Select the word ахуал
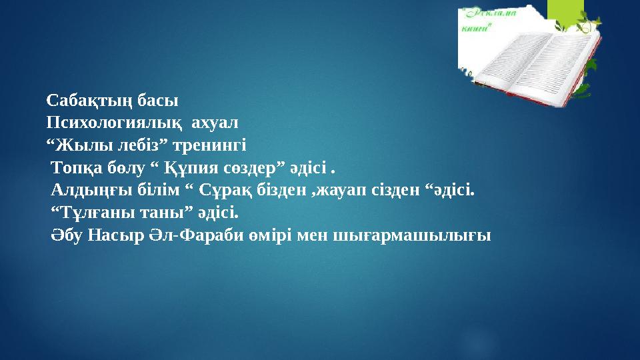click(215, 124)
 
